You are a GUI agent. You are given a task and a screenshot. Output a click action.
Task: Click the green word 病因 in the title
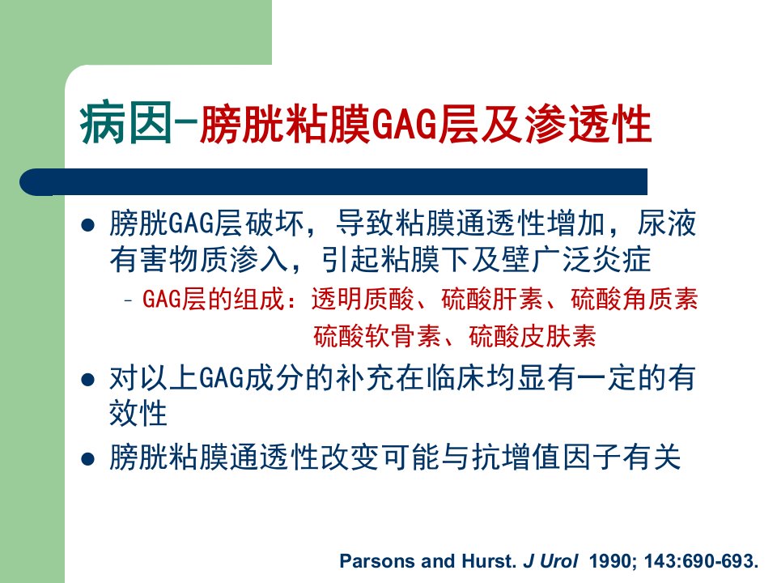pos(126,123)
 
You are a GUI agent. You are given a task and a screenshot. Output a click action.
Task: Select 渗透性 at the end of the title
pos(588,123)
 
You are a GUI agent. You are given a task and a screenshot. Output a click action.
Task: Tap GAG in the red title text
pos(405,124)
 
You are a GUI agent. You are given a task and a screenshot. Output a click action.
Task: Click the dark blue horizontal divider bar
pos(333,182)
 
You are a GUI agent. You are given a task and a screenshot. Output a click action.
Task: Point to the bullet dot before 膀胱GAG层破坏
pos(87,226)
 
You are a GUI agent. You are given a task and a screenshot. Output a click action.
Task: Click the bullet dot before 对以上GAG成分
pos(87,381)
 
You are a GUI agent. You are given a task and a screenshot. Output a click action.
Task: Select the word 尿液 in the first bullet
pos(667,223)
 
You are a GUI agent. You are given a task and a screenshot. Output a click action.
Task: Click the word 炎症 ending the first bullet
pos(622,259)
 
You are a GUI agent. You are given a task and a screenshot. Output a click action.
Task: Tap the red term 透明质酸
pos(363,299)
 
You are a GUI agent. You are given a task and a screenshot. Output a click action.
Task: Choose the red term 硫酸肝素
pos(491,299)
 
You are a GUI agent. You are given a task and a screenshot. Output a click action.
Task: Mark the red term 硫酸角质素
pos(635,299)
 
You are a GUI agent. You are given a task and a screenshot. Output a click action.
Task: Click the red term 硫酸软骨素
pos(377,336)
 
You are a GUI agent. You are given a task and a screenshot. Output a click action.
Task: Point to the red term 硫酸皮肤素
pos(533,336)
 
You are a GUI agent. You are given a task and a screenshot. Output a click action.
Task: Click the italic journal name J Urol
pos(550,561)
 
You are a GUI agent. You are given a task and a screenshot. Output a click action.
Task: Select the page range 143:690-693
pos(701,561)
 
